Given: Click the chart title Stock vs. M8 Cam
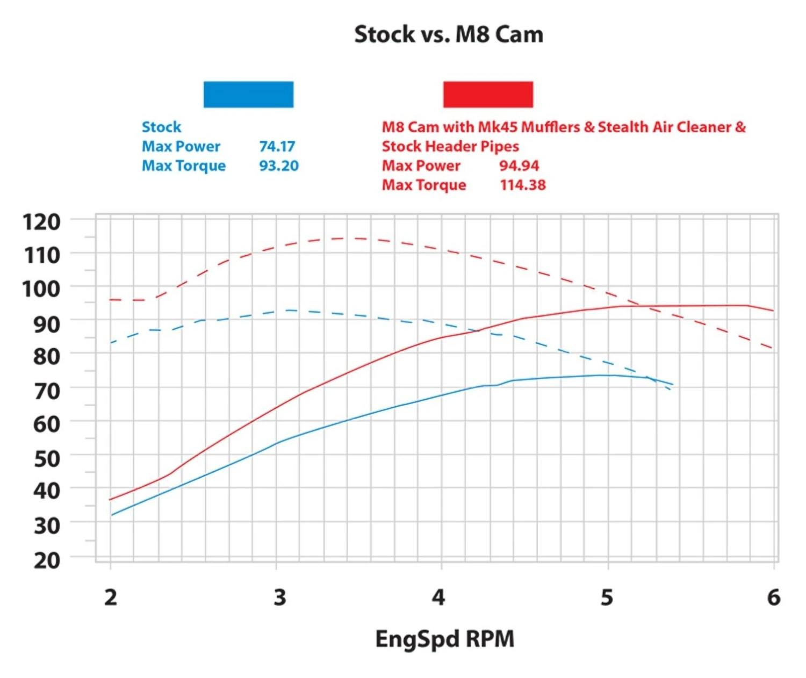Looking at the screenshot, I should click(x=449, y=34).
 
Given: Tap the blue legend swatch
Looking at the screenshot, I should click(x=248, y=95).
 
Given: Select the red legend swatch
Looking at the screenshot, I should click(x=488, y=95).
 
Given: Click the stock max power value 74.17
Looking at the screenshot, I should click(x=277, y=146).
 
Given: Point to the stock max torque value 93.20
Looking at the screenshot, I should click(x=279, y=165).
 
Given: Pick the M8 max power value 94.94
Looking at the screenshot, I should click(x=519, y=165).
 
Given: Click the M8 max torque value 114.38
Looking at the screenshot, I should click(x=523, y=185).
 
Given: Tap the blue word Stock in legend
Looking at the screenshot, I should click(x=161, y=127).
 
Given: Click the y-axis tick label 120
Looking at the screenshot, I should click(x=41, y=221).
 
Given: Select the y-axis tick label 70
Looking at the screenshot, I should click(x=47, y=391).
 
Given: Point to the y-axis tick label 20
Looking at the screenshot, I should click(x=47, y=560).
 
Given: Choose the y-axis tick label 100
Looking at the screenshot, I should click(x=41, y=289).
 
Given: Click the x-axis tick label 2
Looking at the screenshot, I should click(x=111, y=597).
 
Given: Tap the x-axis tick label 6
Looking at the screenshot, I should click(x=773, y=597).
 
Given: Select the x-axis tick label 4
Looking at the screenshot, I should click(x=438, y=597).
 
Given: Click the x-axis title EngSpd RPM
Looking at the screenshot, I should click(x=444, y=639).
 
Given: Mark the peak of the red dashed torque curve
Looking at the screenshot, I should click(x=349, y=238).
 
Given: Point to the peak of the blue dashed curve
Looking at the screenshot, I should click(x=290, y=310).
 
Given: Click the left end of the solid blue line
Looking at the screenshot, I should click(x=112, y=515).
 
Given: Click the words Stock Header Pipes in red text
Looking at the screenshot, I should click(x=450, y=146).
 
